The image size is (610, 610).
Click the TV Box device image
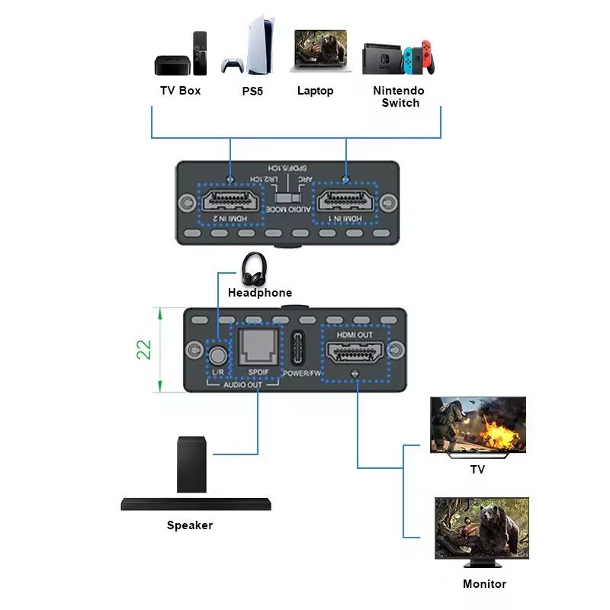[181, 55]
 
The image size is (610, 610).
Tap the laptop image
[319, 52]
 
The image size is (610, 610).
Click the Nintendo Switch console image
[398, 56]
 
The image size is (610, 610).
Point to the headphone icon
[255, 268]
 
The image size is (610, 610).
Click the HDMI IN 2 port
[230, 204]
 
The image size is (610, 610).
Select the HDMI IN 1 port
[347, 204]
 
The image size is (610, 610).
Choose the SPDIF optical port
[258, 348]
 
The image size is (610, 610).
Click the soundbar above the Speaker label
[197, 503]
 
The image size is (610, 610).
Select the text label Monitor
[484, 584]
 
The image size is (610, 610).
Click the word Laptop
[315, 91]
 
